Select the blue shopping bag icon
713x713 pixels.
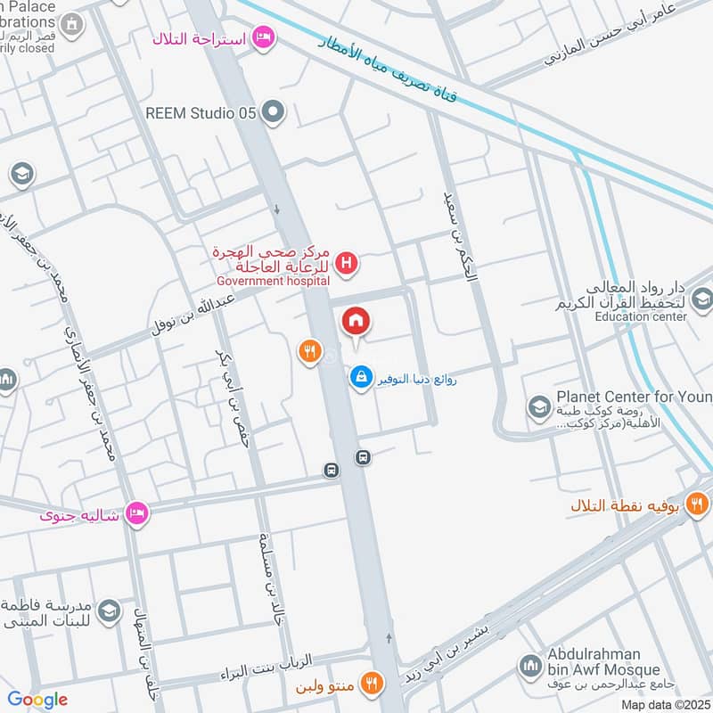coord(360,378)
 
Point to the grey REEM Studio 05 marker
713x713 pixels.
coord(275,112)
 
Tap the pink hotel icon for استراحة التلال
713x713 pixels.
coord(263,37)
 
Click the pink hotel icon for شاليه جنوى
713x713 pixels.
coord(136,513)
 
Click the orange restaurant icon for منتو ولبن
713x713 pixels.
coord(373,684)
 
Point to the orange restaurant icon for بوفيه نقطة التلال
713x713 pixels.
coord(701,504)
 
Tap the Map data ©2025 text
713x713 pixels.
coord(664,704)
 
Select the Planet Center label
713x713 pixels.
coord(634,396)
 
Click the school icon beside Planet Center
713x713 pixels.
coord(538,408)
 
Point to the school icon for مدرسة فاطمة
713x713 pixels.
coord(109,611)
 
